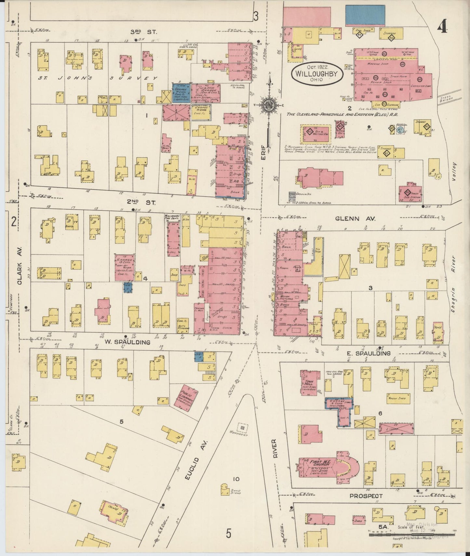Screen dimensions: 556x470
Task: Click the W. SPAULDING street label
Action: coord(128,342)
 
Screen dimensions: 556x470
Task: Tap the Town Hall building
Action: coord(308,381)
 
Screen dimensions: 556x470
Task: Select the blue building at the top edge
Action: coord(365,15)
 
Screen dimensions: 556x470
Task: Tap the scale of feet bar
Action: coord(411,535)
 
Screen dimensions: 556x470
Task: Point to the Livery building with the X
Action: coord(396,429)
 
